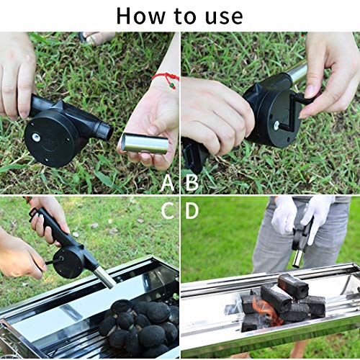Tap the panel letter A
coord(167,182)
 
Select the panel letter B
coord(192,182)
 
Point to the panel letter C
coord(167,210)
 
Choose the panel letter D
coord(192,210)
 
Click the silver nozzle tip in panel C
coord(104,276)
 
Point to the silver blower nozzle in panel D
coord(297,256)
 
